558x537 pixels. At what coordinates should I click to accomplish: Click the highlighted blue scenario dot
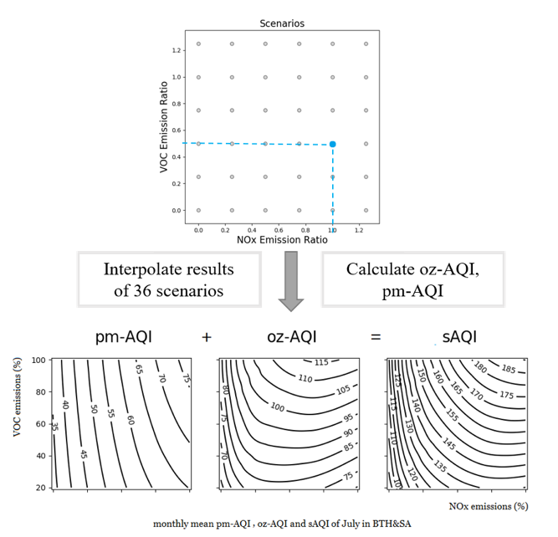tap(332, 144)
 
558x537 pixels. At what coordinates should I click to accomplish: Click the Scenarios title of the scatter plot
tap(282, 24)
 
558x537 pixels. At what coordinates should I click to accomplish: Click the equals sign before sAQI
tap(375, 338)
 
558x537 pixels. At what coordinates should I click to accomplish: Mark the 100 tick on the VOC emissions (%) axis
tap(39, 361)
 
